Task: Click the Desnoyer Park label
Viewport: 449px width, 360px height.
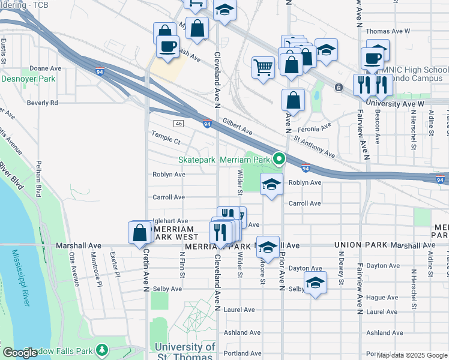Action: pyautogui.click(x=28, y=79)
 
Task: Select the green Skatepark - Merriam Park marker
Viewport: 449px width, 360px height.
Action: pyautogui.click(x=279, y=159)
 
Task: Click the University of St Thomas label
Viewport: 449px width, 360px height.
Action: pyautogui.click(x=185, y=352)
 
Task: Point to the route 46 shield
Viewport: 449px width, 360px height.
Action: pyautogui.click(x=178, y=123)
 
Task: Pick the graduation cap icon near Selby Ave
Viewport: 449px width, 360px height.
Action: pyautogui.click(x=315, y=282)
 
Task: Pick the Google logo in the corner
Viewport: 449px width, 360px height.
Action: pyautogui.click(x=19, y=353)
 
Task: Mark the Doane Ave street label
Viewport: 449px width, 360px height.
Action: pyautogui.click(x=46, y=68)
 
